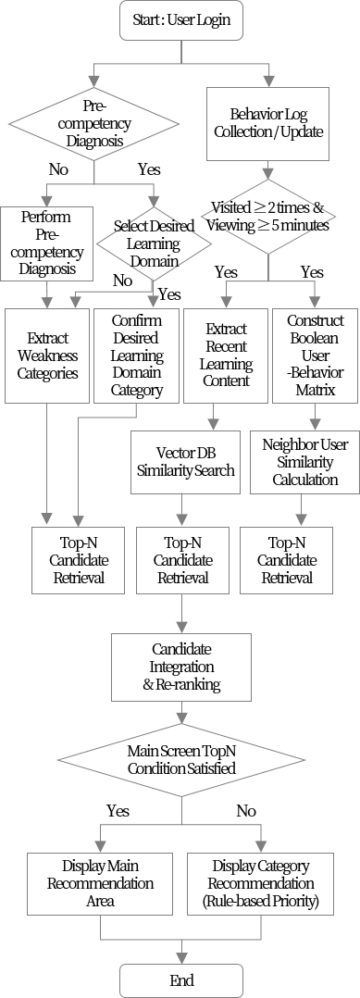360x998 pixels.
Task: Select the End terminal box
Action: (181, 979)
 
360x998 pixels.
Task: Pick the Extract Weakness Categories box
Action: (45, 356)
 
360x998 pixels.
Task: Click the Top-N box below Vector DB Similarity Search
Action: (182, 559)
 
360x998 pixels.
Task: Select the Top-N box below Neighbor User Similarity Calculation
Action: (287, 559)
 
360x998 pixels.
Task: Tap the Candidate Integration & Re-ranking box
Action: (181, 667)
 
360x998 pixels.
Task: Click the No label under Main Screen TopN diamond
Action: (246, 810)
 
